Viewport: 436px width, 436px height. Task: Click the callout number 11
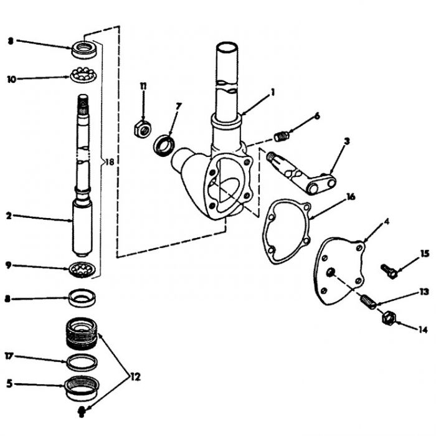(143, 86)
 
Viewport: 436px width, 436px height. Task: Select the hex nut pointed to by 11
(143, 129)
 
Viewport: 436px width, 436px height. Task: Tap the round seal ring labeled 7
(164, 145)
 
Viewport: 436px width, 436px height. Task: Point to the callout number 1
(273, 92)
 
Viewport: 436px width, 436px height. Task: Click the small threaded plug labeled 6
(282, 136)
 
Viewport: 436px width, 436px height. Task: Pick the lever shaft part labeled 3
(301, 173)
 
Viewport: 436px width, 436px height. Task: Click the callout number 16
(351, 197)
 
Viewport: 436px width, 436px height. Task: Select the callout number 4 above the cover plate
(387, 222)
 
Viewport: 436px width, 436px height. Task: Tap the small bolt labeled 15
(389, 271)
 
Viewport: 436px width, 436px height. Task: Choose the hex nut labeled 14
(389, 318)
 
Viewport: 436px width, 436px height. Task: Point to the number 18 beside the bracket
(110, 162)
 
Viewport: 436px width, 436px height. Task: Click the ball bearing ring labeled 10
(83, 75)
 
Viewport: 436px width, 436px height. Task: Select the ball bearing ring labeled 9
(82, 269)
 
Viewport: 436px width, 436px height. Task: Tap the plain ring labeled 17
(82, 363)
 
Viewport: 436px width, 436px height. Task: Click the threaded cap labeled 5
(82, 388)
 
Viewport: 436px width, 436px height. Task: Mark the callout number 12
(135, 377)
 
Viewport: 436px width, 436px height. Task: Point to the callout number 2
(9, 216)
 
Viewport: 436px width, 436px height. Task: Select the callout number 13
(424, 292)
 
